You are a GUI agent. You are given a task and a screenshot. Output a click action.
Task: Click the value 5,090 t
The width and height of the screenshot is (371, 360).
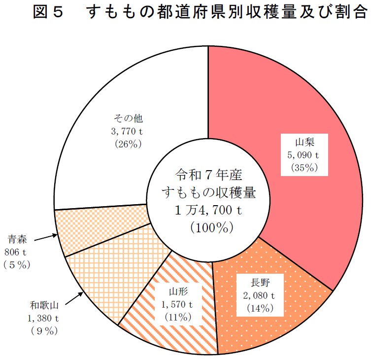pyautogui.click(x=304, y=154)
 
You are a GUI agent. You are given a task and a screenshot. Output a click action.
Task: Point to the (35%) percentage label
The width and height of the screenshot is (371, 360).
pyautogui.click(x=303, y=167)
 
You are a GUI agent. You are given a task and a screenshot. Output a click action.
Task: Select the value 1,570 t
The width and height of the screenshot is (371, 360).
pyautogui.click(x=176, y=305)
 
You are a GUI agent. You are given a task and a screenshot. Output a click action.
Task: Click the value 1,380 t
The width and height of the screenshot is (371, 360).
pyautogui.click(x=43, y=319)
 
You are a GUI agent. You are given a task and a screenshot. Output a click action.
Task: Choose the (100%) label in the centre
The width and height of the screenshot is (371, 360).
pyautogui.click(x=208, y=227)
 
